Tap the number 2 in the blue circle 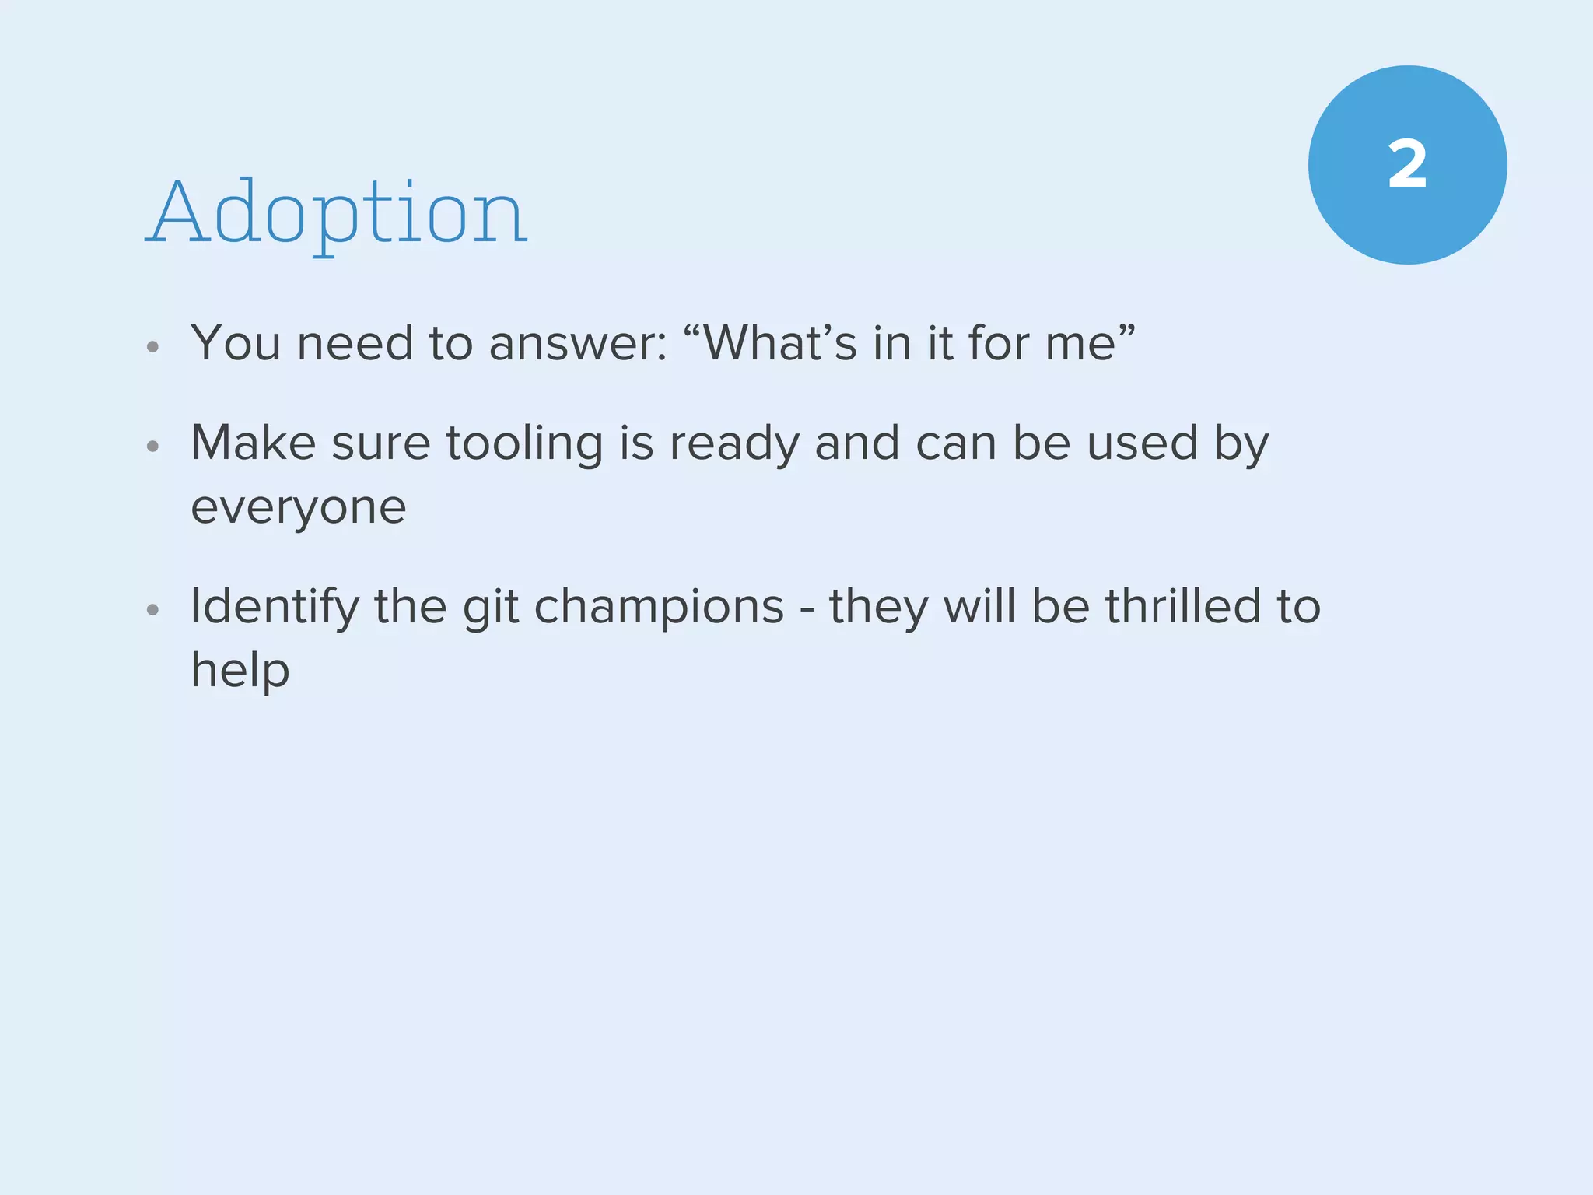(1407, 165)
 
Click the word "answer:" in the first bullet (578, 343)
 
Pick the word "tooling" (524, 444)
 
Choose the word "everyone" (299, 509)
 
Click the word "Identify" (275, 607)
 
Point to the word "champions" (660, 607)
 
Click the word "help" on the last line (240, 671)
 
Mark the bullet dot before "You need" (153, 347)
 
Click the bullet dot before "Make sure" (153, 447)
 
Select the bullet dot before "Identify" (153, 610)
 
